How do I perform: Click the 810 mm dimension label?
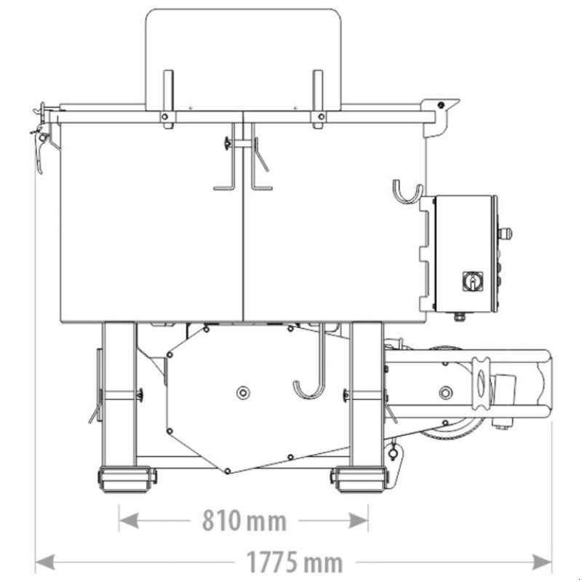pos(244,520)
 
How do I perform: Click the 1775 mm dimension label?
pos(295,562)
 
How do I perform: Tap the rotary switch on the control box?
pos(472,281)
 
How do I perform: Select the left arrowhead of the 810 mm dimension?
pos(129,520)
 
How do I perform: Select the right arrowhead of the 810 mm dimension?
pos(358,520)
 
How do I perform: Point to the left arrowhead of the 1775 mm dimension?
pos(45,562)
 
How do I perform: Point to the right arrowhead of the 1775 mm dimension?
pos(541,562)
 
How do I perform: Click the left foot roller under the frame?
pos(127,479)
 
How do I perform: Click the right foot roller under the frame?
pos(359,479)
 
